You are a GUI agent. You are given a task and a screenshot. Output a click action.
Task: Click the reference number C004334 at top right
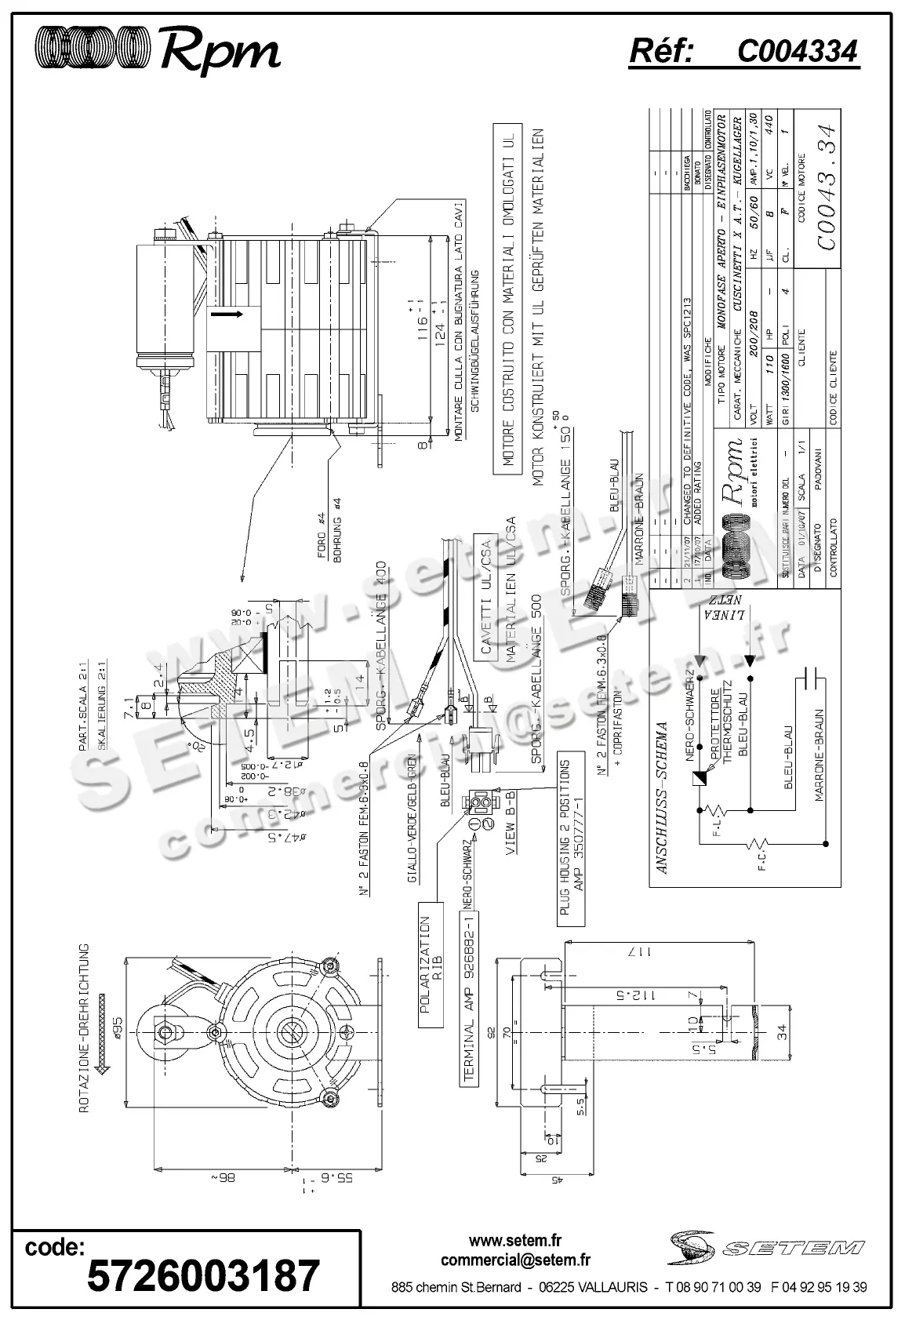(797, 52)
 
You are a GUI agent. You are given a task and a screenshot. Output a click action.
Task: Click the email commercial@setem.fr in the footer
(515, 1260)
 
